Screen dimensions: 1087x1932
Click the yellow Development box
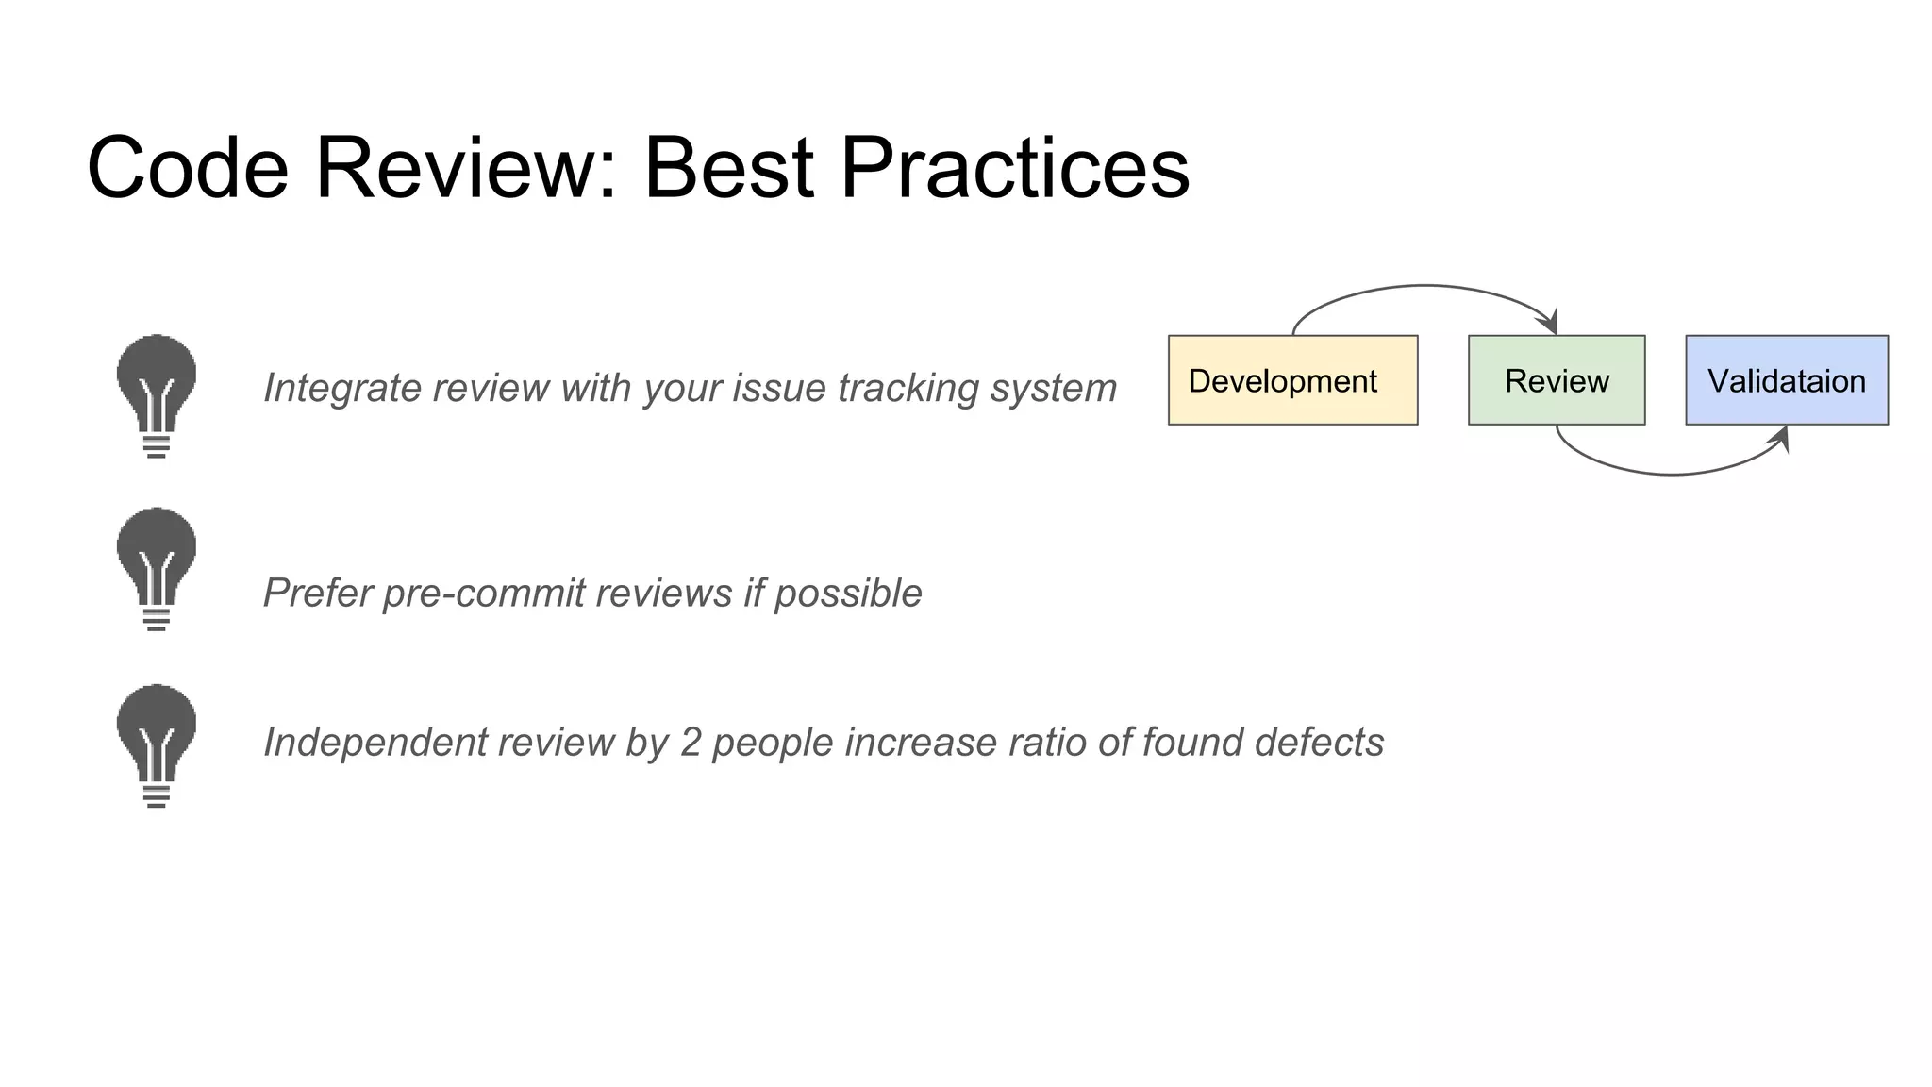pos(1292,380)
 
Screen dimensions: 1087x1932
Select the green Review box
pos(1557,380)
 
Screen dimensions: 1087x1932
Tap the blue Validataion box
pos(1787,380)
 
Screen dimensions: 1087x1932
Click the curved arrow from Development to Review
pos(1424,285)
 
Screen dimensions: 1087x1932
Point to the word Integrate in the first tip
pos(329,388)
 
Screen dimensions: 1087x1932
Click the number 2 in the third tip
pos(691,743)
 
